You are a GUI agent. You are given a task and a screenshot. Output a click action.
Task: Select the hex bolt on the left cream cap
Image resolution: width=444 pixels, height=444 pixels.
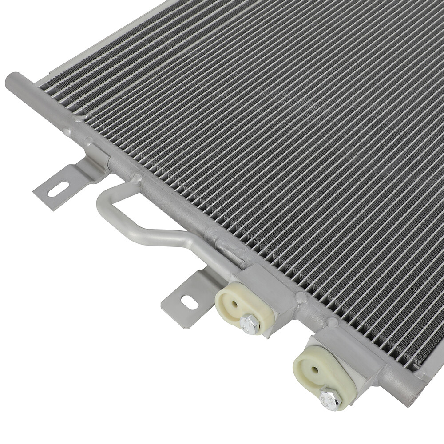pos(250,324)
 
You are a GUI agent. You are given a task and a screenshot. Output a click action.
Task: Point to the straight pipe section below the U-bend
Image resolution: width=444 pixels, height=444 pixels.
pos(164,238)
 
